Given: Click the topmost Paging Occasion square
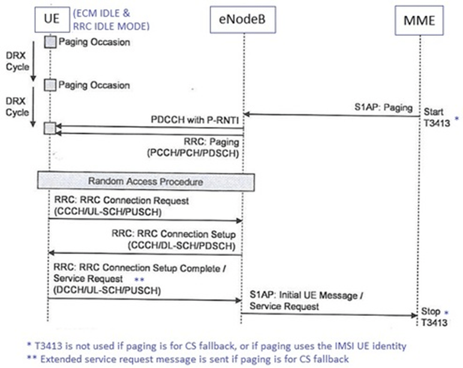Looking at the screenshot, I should pos(50,42).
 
